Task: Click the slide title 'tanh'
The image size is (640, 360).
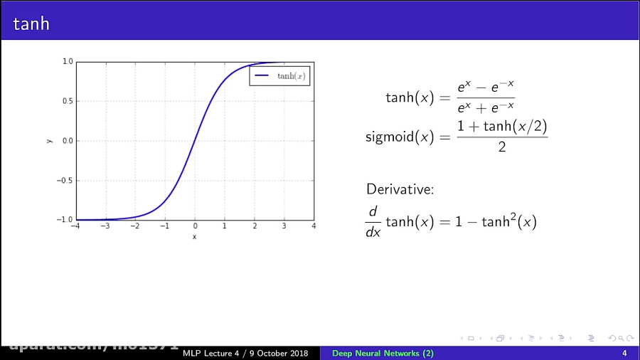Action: click(31, 23)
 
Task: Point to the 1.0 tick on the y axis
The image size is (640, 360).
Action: click(68, 62)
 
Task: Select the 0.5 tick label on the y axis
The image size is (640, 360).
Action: click(68, 101)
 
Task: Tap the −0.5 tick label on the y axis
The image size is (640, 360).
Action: click(66, 180)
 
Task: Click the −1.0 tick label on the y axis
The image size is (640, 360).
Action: click(66, 219)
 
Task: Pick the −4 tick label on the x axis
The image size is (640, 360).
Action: click(75, 226)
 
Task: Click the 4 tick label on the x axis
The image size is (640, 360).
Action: click(314, 226)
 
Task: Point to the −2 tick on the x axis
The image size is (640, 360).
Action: click(134, 226)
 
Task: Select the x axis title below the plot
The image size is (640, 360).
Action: click(194, 236)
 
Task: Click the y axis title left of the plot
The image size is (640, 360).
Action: click(49, 141)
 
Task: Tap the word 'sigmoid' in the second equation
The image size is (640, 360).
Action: click(389, 137)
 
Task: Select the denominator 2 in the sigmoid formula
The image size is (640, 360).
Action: click(501, 148)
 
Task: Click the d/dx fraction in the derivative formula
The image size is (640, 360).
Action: click(373, 223)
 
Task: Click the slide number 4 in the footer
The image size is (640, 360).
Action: click(624, 354)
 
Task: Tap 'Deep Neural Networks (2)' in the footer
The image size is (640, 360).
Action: click(383, 354)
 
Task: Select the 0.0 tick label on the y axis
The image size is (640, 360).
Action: click(68, 141)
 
